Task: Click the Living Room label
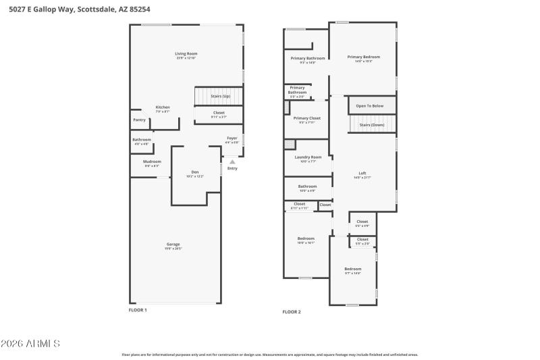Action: coord(186,53)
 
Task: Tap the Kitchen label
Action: coord(163,107)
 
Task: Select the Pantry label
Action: coord(139,120)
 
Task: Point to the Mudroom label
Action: coord(152,161)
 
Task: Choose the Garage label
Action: coord(173,244)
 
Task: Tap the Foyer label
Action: coord(232,138)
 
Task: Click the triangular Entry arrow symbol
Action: coord(232,161)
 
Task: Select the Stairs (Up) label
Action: coord(221,97)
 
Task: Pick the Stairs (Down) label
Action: coord(372,125)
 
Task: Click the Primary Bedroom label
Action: coord(364,57)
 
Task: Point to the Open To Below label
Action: coord(370,106)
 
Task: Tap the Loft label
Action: coord(362,173)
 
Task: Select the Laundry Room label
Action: coord(307,157)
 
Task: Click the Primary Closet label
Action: coord(306,118)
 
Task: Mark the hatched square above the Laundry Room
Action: coord(290,144)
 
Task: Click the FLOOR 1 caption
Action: coord(138,310)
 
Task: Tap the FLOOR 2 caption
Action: coord(292,311)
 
